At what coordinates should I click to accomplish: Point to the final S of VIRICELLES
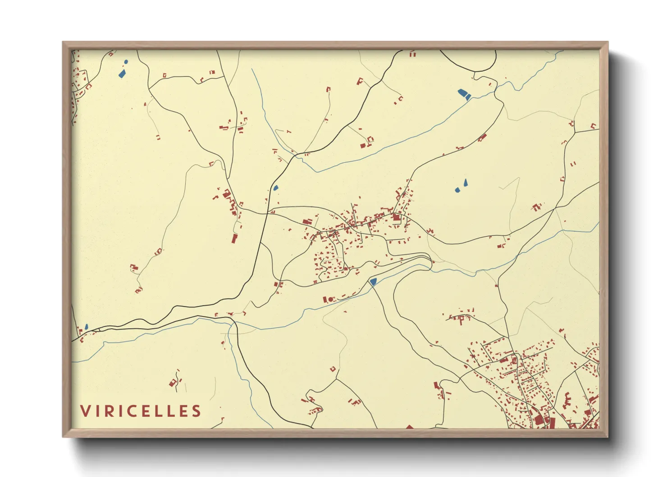coord(196,411)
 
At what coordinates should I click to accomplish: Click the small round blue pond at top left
coord(126,62)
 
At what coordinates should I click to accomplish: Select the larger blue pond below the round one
coord(122,73)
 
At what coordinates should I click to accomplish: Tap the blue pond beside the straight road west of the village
coord(275,187)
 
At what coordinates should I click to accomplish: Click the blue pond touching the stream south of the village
coord(373,282)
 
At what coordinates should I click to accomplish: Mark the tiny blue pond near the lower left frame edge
coord(86,326)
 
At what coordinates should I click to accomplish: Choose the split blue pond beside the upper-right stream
coord(464,94)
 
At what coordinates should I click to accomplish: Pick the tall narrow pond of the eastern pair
coord(466,182)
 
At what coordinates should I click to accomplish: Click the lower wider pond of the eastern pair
coord(457,190)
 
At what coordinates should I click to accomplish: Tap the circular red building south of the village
coord(330,299)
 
